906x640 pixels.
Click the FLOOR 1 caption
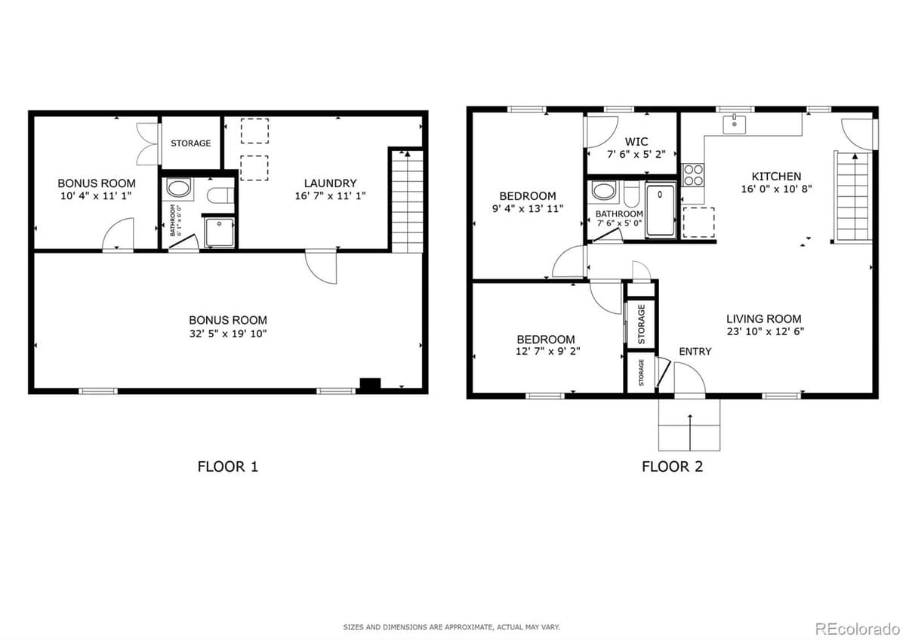[x=227, y=466]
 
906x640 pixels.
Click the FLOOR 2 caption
[x=672, y=466]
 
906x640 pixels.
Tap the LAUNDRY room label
[x=330, y=183]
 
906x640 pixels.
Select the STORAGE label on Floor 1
[x=190, y=143]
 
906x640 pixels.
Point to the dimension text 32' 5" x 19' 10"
[x=228, y=333]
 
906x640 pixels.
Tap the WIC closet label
[x=636, y=142]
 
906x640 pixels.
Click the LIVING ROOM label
[x=763, y=318]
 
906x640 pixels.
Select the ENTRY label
[x=695, y=352]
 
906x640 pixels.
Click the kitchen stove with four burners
[x=692, y=175]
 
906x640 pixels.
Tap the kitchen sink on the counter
[x=734, y=125]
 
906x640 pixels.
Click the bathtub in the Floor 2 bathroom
[x=661, y=209]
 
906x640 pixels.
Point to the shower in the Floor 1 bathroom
[x=218, y=232]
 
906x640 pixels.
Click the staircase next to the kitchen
[x=851, y=196]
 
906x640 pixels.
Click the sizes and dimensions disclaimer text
[x=452, y=627]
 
